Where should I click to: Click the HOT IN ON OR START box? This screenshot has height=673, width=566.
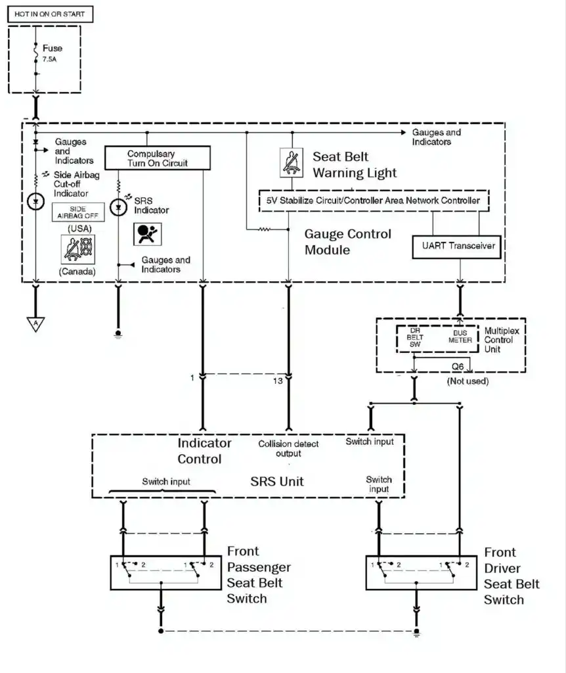(49, 13)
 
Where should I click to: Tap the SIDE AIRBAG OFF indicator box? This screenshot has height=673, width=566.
(78, 212)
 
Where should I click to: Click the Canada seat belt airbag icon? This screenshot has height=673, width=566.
(78, 250)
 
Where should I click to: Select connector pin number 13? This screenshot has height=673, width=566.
(278, 379)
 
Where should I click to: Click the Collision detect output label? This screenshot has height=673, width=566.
(288, 449)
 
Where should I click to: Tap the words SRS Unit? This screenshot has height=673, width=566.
(277, 481)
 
